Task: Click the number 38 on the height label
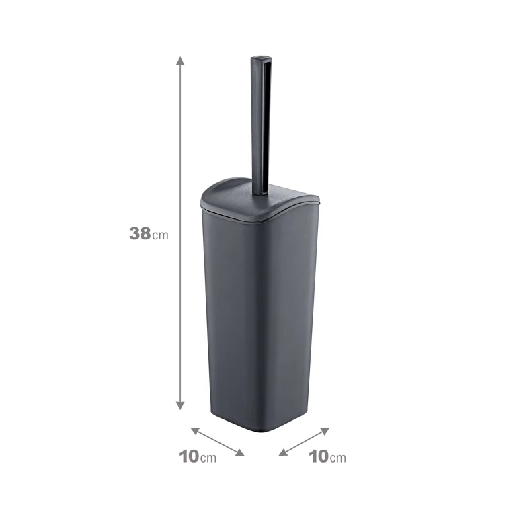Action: point(140,233)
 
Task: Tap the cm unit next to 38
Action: point(160,235)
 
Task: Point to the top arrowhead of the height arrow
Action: point(180,61)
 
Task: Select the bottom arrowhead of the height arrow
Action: point(180,405)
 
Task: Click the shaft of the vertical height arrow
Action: point(180,233)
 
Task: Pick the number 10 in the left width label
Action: point(189,456)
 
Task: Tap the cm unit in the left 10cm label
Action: point(208,458)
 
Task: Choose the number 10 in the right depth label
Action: point(319,456)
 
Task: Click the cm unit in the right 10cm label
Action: point(338,458)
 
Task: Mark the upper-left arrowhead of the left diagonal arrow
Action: point(195,431)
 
